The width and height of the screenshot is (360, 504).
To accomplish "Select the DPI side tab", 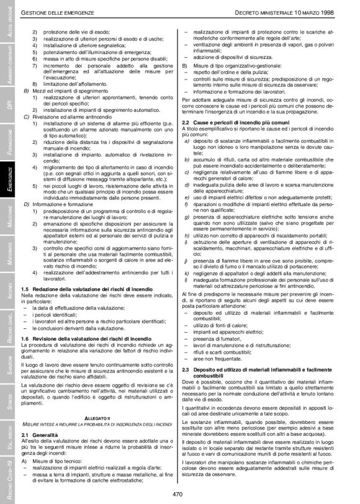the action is pos(7,101).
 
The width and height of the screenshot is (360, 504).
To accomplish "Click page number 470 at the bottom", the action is pos(179,494).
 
